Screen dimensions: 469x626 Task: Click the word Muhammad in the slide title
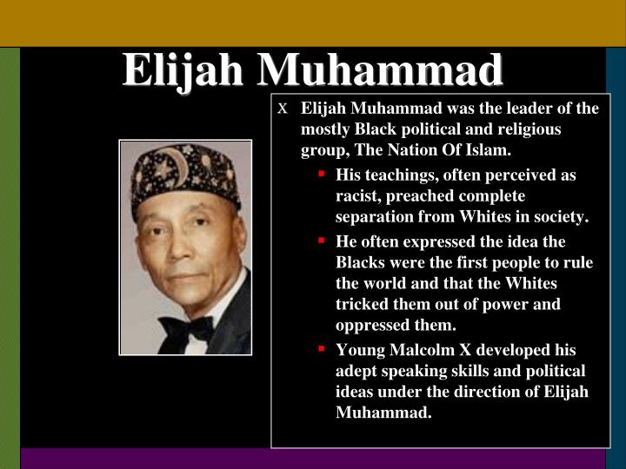(379, 69)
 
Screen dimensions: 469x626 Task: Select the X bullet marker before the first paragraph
(282, 109)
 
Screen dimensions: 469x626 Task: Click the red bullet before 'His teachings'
(321, 174)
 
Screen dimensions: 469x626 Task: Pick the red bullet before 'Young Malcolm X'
(321, 349)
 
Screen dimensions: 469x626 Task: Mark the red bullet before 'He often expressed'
(321, 240)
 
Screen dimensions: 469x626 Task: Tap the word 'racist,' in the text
(359, 196)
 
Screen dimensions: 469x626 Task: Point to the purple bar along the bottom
(313, 458)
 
